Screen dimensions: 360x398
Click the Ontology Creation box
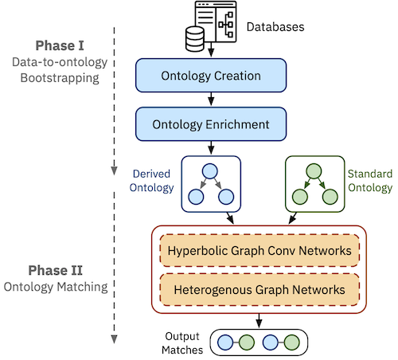pyautogui.click(x=210, y=76)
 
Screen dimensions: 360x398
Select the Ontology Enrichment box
pyautogui.click(x=210, y=124)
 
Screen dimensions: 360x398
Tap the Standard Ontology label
pyautogui.click(x=370, y=182)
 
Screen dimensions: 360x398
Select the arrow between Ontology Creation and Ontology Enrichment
pyautogui.click(x=210, y=100)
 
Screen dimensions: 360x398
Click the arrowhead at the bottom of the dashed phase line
pyautogui.click(x=115, y=338)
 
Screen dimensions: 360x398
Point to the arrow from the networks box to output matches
pyautogui.click(x=259, y=319)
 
